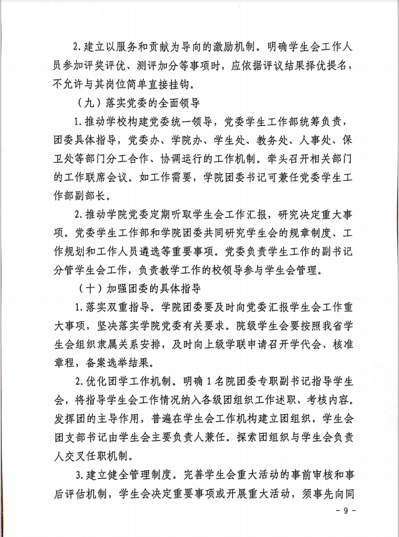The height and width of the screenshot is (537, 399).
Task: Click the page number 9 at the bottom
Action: pos(345,511)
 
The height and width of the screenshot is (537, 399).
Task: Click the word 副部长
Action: pos(94,196)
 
